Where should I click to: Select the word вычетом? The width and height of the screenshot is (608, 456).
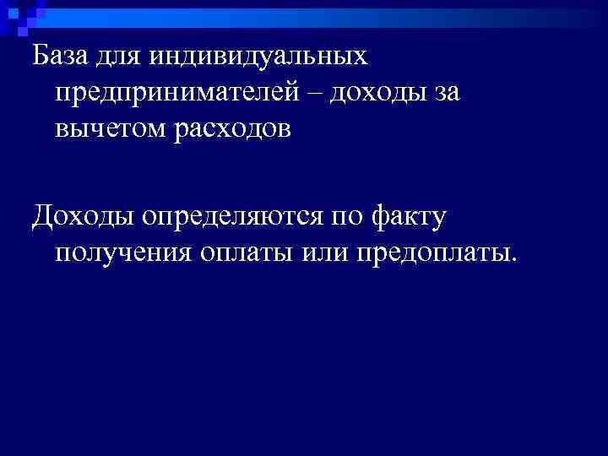tap(107, 129)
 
